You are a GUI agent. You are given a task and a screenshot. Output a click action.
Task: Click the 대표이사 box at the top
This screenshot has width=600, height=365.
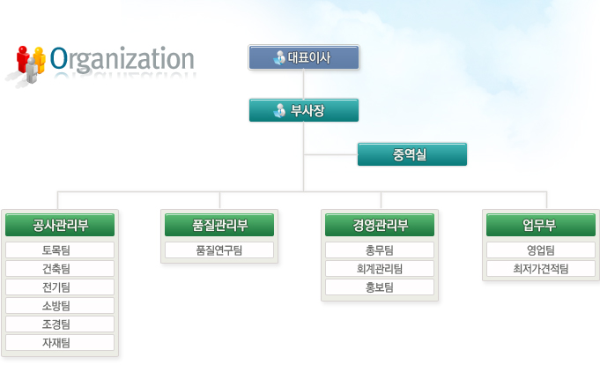coord(304,57)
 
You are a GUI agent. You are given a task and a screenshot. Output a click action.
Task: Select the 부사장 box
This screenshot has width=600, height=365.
coord(304,110)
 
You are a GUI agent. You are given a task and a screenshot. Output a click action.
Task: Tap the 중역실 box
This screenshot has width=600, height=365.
coord(412,154)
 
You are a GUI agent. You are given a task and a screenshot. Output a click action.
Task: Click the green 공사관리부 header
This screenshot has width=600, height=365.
coord(60,225)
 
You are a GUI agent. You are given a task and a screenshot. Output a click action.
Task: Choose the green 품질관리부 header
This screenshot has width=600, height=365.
coord(219,225)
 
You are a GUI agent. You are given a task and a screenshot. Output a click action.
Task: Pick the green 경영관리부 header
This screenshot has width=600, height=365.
coord(380,225)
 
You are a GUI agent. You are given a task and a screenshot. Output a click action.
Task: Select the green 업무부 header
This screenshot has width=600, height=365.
coord(541,225)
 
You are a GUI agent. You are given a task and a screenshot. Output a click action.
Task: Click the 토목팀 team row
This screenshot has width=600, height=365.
coord(60,250)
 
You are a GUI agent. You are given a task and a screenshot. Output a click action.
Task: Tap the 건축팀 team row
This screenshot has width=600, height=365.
coord(60,269)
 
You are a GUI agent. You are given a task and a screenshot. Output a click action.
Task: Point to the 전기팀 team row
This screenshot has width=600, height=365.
coord(60,287)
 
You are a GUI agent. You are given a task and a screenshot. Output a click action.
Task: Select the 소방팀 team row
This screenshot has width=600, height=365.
coord(60,306)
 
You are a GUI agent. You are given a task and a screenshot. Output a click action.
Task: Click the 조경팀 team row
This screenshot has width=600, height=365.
coord(60,324)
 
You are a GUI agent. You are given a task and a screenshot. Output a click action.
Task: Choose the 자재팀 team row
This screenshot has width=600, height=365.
coord(60,342)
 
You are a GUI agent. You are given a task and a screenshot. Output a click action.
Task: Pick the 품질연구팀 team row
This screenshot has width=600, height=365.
coord(219,250)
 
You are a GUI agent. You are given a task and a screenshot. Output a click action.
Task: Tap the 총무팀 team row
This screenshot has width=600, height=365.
coord(380,250)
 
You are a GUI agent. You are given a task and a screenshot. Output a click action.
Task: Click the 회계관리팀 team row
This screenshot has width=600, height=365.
coord(380,269)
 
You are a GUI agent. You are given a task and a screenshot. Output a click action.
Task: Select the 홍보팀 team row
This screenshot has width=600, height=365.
coord(380,287)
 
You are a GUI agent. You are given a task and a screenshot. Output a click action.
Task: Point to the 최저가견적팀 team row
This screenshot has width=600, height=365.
coord(541,269)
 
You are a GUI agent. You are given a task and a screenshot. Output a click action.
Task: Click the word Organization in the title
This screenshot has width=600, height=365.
coord(122,59)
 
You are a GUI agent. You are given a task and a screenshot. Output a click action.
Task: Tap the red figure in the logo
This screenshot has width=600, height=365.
coord(23,58)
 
